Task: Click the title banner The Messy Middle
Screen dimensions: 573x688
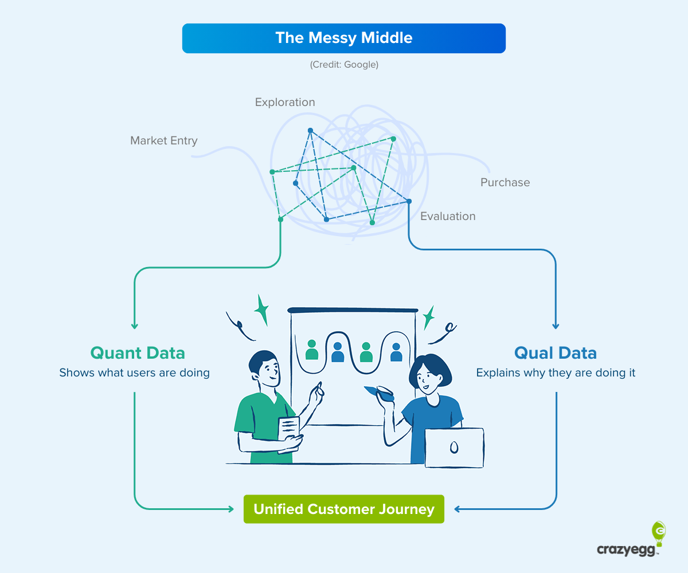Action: point(344,38)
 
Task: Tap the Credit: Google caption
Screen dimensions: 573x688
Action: point(344,65)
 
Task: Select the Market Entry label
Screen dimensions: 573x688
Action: point(164,140)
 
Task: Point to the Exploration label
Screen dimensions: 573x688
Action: point(285,103)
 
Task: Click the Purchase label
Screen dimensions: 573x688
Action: point(505,183)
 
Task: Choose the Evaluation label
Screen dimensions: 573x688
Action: point(448,217)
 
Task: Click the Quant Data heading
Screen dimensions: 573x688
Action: point(138,352)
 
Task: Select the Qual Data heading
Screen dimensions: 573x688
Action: point(555,352)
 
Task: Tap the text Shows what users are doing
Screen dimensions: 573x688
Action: point(135,373)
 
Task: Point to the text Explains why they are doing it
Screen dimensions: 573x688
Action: point(556,373)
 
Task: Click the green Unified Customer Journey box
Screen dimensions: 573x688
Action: point(344,509)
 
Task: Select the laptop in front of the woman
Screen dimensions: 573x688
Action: point(454,447)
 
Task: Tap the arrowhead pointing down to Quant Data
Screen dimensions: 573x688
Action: point(135,326)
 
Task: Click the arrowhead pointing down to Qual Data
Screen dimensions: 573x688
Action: point(555,326)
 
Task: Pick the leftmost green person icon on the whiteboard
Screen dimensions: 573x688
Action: point(312,350)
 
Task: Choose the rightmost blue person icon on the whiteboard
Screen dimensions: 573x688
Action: point(396,352)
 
